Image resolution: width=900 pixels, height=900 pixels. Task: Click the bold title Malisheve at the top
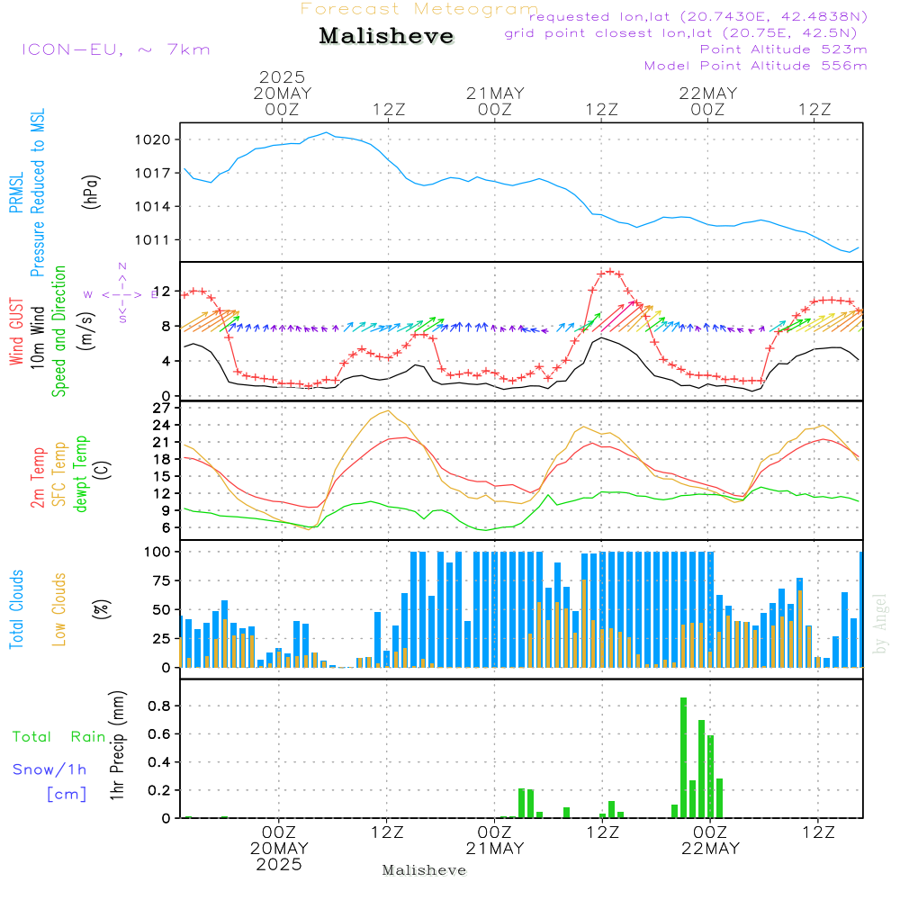click(x=387, y=36)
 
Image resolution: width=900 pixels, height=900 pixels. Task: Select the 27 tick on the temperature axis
click(x=163, y=408)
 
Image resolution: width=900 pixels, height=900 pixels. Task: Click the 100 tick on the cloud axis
click(x=158, y=551)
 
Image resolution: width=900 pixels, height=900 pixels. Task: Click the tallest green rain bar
click(x=684, y=757)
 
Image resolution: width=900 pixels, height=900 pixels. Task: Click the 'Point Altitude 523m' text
click(x=783, y=49)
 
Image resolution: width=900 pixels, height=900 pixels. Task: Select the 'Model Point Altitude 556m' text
click(x=756, y=66)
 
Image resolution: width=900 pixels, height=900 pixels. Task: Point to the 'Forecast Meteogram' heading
click(x=419, y=9)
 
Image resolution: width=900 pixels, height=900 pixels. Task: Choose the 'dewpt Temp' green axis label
click(x=82, y=473)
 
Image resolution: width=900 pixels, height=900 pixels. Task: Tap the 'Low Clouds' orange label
click(x=60, y=608)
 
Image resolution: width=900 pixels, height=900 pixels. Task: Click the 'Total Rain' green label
click(x=59, y=737)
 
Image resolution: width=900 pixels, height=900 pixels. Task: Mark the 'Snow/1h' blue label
click(x=50, y=769)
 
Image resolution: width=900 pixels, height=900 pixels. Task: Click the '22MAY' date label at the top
click(x=708, y=94)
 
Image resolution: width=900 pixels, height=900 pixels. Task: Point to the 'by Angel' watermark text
click(x=880, y=624)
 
